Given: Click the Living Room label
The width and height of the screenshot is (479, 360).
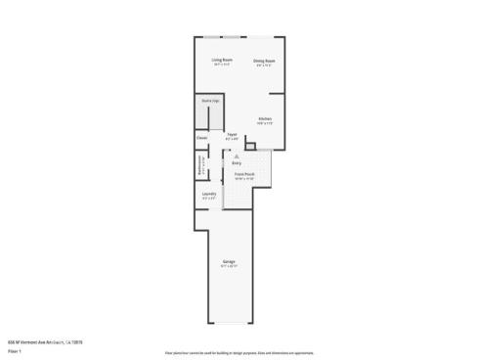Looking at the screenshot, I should coord(222,60).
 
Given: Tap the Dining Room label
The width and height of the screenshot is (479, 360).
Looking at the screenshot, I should coord(264,60).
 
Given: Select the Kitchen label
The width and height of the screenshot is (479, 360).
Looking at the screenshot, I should coord(264,118).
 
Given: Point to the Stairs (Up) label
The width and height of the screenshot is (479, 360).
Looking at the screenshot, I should coord(208,101).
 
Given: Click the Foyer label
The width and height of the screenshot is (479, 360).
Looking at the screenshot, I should coord(232,134).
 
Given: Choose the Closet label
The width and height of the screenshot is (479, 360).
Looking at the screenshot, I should coord(201,138).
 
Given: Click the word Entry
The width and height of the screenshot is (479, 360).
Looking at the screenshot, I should coord(236,162).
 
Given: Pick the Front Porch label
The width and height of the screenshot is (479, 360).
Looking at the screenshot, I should coord(243,174).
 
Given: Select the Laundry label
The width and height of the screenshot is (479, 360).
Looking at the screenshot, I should coord(208,194).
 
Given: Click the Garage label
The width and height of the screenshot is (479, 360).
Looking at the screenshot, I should coord(229,262).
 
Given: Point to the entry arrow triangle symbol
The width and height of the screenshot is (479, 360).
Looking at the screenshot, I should coord(236,155).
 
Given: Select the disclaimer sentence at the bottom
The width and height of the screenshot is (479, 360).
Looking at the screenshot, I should coord(239,350).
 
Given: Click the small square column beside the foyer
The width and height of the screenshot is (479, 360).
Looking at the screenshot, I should coord(249,146).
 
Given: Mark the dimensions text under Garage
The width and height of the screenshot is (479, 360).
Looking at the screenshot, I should coord(229,267).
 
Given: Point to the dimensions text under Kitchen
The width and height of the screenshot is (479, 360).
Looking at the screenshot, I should coord(264,123).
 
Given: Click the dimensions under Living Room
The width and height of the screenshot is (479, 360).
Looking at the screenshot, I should coord(222,65).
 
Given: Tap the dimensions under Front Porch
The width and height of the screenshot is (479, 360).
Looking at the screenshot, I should coord(243,179).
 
